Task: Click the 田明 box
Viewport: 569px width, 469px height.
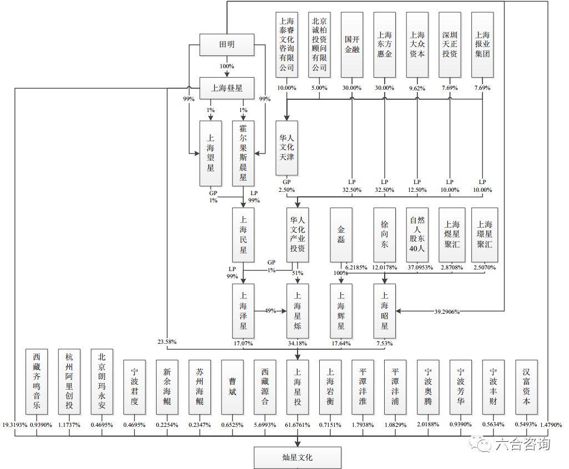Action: [x=227, y=44]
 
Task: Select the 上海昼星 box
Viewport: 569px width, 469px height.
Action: [x=227, y=88]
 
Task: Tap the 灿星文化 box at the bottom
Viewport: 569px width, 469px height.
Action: [x=298, y=458]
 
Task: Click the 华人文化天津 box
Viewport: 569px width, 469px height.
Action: [x=286, y=148]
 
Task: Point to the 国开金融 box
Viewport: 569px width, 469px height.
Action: [x=352, y=44]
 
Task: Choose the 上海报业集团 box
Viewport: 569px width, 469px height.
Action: [x=482, y=44]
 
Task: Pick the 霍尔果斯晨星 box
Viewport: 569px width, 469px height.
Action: [x=243, y=154]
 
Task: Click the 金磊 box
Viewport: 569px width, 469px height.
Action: [x=341, y=235]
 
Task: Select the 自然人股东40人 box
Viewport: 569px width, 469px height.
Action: [x=417, y=235]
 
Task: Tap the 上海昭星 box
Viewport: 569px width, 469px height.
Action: [x=385, y=311]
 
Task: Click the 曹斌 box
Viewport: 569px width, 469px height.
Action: [x=232, y=387]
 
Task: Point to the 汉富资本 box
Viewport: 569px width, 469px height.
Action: [x=527, y=387]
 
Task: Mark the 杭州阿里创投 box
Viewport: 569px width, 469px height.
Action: [x=69, y=381]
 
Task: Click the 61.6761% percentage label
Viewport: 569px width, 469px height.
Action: [x=298, y=425]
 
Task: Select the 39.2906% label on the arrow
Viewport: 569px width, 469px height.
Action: [x=447, y=312]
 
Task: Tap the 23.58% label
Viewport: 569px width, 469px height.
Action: [x=167, y=341]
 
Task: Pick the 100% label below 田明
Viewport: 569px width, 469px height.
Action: [x=227, y=67]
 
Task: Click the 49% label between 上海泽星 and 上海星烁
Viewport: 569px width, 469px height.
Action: [x=270, y=310]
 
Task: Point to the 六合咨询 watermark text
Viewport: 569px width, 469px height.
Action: [x=523, y=443]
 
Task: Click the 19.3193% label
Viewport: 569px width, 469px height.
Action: [x=15, y=425]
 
